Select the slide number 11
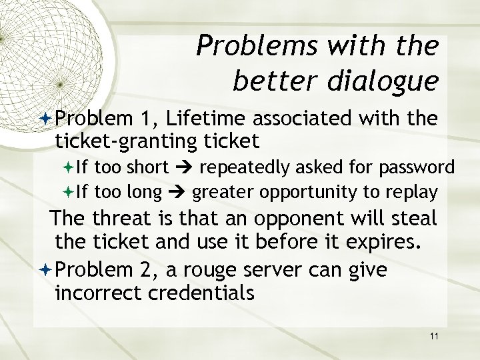[x=434, y=336]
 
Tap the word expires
[x=385, y=241]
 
